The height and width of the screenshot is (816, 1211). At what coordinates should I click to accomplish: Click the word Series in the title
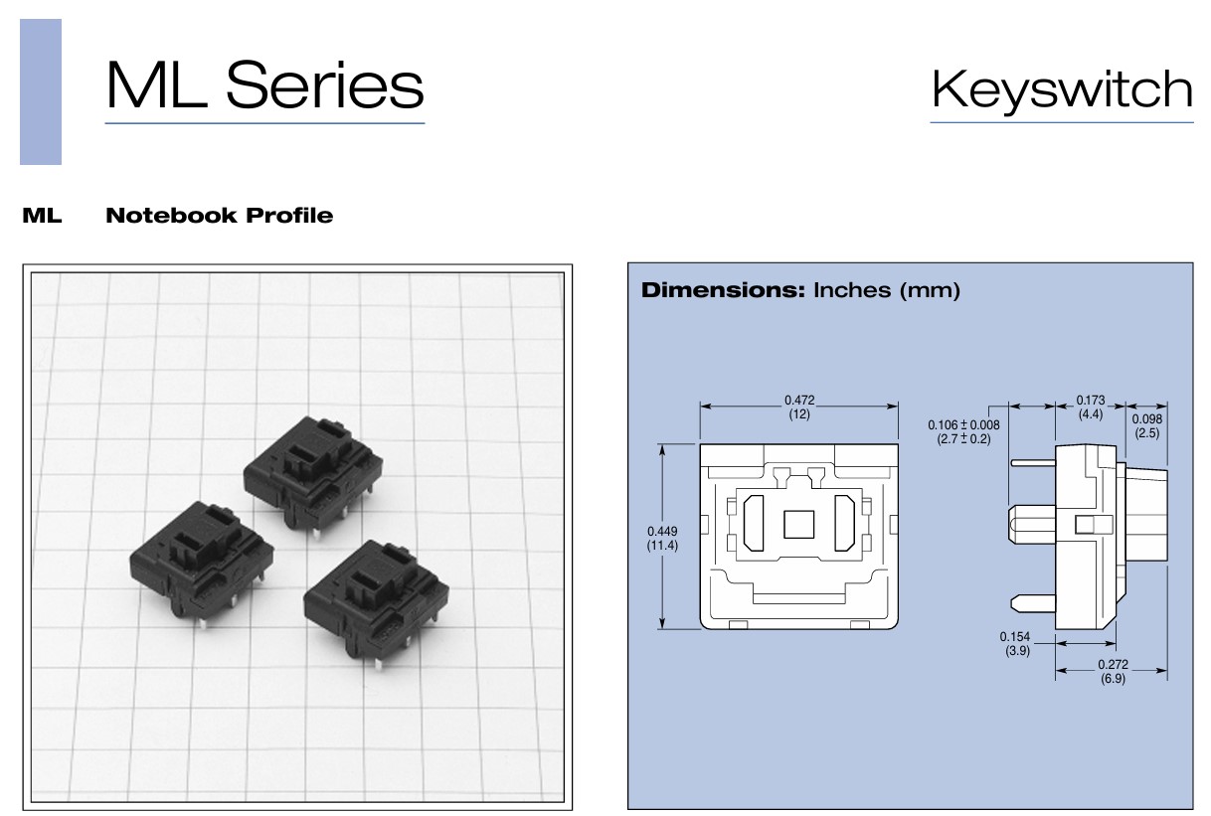point(325,84)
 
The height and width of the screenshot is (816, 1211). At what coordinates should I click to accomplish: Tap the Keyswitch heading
point(1062,90)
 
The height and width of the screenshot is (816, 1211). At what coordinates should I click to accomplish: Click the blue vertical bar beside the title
point(41,91)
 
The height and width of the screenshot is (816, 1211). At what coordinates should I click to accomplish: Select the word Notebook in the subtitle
point(172,216)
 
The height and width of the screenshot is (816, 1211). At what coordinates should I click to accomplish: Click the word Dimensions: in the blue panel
point(723,290)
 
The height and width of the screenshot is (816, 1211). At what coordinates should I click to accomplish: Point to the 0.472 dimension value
point(799,400)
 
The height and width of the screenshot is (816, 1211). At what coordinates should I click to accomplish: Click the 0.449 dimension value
point(662,531)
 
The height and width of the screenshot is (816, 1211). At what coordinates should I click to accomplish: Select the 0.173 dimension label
point(1091,400)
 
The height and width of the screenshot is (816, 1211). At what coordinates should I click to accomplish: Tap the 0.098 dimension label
point(1146,418)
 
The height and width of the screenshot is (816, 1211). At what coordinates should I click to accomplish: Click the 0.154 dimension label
point(1015,636)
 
